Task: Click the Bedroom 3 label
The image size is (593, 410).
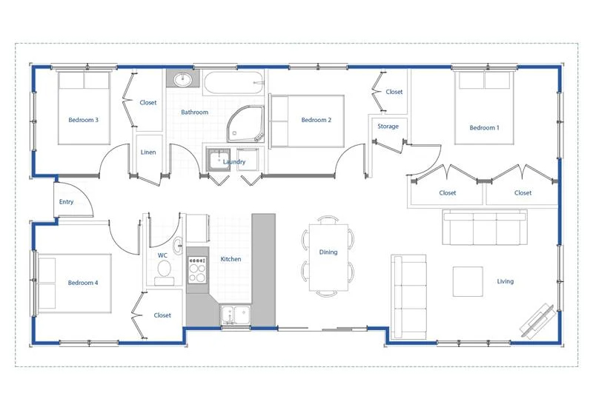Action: [83, 120]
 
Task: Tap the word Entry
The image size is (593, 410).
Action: [66, 202]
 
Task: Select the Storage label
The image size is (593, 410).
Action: [388, 127]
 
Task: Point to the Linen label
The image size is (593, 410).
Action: [148, 152]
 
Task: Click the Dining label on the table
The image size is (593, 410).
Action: [328, 252]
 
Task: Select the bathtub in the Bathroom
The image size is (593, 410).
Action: [233, 83]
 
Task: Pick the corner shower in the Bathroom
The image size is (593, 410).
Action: [245, 124]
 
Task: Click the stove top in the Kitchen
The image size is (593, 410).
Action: [197, 269]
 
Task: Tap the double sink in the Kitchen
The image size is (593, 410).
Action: [236, 315]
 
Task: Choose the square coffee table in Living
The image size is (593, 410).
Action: [468, 282]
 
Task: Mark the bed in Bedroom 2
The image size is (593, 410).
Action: [307, 121]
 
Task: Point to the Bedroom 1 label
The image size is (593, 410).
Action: [484, 128]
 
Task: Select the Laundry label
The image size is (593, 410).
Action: [234, 162]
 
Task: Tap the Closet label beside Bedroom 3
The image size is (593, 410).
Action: [148, 103]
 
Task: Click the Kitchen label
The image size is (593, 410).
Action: [231, 259]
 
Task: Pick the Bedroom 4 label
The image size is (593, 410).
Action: [83, 283]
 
